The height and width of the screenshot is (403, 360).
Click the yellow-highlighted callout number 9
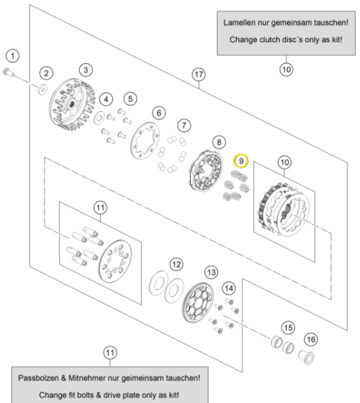241,161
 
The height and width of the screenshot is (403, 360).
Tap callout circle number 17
199,74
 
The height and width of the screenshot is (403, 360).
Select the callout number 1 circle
13,55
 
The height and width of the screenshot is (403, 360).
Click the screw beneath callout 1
8,72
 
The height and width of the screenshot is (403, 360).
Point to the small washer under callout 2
42,88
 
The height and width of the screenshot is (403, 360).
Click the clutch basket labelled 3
72,105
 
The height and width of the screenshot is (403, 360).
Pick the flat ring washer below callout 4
99,118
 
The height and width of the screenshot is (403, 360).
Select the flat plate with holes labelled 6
145,140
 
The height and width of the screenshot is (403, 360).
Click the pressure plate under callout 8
206,171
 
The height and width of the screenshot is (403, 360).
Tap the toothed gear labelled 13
198,303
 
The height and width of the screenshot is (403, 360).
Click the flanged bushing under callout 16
306,357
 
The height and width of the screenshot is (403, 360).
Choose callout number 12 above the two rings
176,265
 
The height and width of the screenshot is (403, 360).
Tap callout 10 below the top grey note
286,70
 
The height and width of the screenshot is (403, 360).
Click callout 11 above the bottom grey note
110,353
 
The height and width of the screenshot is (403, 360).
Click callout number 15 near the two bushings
288,328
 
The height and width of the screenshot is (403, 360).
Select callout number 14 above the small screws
229,289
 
